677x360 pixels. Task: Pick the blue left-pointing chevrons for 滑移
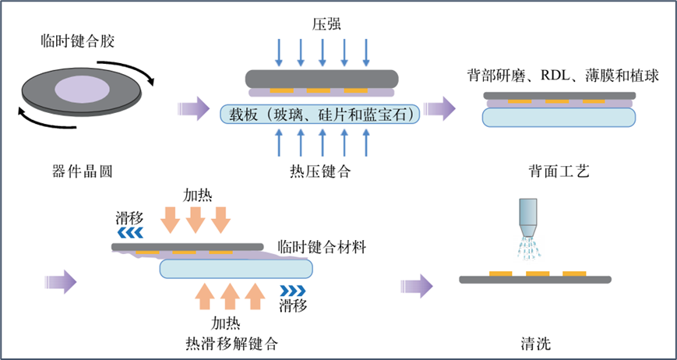coord(129,231)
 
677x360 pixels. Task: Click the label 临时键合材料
coord(328,247)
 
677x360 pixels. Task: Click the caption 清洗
coord(536,342)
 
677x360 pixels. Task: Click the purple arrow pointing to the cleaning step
coord(421,285)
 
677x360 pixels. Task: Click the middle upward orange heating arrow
coord(228,298)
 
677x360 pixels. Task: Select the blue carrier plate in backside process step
coord(559,117)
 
